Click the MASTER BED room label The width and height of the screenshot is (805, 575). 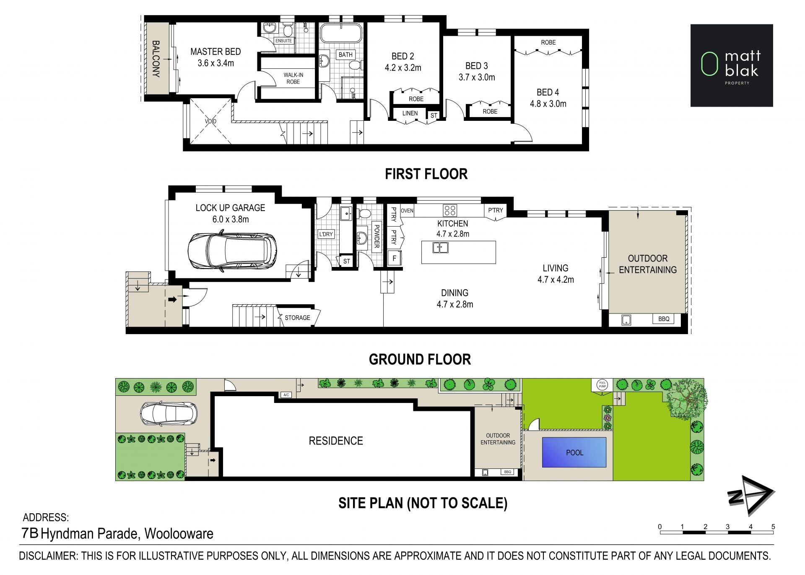(216, 52)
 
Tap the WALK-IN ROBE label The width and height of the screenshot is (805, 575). (293, 78)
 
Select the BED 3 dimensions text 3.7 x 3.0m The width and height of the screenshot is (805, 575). (477, 77)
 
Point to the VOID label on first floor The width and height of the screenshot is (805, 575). (210, 121)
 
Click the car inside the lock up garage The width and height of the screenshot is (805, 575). (232, 251)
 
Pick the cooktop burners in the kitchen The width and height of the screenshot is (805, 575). (450, 210)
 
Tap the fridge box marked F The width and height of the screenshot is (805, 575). (394, 258)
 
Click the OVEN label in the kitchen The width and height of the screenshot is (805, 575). (407, 211)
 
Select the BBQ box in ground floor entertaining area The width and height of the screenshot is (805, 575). (664, 319)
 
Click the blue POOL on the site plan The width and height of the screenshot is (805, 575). (574, 452)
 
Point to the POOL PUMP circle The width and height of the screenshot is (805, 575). (602, 384)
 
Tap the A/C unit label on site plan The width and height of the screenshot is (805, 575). (286, 395)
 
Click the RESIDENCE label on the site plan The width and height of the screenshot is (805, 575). (336, 441)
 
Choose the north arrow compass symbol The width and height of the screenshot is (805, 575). (750, 495)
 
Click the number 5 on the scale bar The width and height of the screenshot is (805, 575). (773, 527)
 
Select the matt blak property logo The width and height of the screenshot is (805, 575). (732, 65)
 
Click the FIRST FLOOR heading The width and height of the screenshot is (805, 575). (426, 174)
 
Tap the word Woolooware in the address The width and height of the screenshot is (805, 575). (179, 533)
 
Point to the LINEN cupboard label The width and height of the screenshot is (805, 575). (410, 113)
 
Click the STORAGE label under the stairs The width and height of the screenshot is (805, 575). (297, 318)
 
